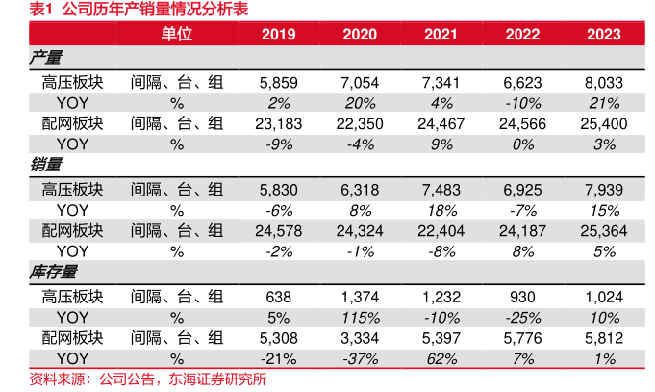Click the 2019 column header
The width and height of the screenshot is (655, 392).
click(x=279, y=35)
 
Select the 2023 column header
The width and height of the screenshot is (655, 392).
click(x=605, y=35)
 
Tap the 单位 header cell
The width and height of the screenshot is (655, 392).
click(x=176, y=35)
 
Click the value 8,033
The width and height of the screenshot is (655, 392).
click(x=605, y=83)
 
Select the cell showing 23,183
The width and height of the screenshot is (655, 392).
click(x=279, y=123)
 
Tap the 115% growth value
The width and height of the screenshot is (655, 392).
click(x=360, y=317)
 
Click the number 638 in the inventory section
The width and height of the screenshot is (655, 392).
click(x=279, y=297)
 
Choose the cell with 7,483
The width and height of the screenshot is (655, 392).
click(x=441, y=190)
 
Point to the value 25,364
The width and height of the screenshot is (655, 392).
click(x=605, y=231)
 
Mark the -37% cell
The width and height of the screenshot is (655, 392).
click(x=360, y=358)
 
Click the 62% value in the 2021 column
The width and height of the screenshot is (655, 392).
click(x=441, y=358)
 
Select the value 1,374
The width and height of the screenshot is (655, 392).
click(x=360, y=297)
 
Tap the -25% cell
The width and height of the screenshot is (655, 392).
click(x=523, y=317)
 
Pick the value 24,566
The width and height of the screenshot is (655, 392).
click(x=523, y=123)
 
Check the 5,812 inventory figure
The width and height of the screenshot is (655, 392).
click(x=605, y=338)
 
